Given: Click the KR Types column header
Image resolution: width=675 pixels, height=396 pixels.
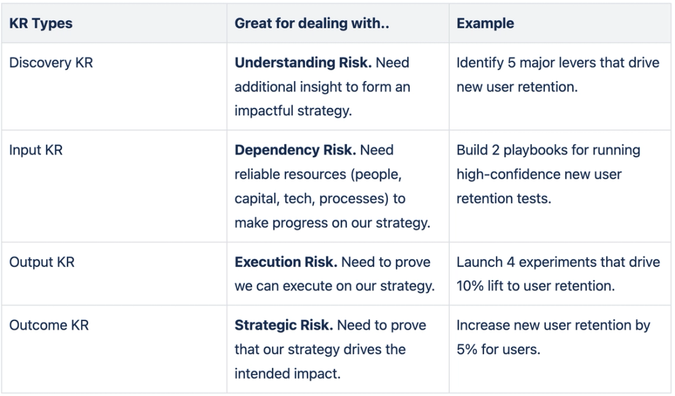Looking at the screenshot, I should (40, 24).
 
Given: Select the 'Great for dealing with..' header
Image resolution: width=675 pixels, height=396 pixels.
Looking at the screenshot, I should (312, 24).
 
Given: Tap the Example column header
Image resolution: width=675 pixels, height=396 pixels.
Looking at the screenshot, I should (485, 24).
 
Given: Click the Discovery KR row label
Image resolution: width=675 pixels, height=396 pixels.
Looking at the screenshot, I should (51, 63).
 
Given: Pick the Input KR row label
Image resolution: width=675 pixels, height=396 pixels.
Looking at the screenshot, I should (36, 150).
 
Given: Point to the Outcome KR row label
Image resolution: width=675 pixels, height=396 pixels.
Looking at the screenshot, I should (48, 325).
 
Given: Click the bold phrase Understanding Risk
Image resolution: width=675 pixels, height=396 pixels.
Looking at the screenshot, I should (303, 63).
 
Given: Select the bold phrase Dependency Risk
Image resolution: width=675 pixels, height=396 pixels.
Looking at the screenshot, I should (296, 150).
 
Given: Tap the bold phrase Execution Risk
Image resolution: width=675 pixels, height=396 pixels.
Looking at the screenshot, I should (285, 262).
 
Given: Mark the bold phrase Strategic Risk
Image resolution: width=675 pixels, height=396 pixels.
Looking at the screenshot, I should (283, 325).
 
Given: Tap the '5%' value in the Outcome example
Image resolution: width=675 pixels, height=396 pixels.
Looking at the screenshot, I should (467, 349).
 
